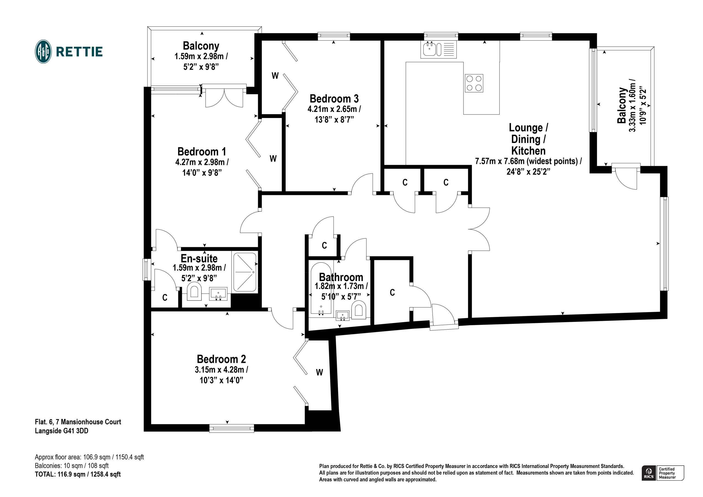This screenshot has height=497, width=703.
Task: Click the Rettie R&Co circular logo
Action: tap(43, 51)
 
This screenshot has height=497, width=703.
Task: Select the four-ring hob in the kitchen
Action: tap(474, 83)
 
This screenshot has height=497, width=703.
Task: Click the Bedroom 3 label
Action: tap(334, 99)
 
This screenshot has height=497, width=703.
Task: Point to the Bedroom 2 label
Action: tap(221, 359)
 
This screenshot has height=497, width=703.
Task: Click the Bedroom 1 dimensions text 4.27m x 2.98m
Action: tap(202, 162)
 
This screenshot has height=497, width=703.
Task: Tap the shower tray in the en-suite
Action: tap(245, 272)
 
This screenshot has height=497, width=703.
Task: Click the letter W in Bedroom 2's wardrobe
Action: tap(319, 372)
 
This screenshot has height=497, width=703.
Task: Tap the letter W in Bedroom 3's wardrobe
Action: tap(275, 75)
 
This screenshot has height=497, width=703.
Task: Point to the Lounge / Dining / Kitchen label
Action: tap(528, 139)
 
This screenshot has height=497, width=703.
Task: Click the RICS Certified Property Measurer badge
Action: tap(663, 473)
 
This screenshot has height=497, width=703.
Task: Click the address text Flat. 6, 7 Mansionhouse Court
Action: tap(78, 422)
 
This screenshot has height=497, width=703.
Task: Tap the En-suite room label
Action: tap(199, 259)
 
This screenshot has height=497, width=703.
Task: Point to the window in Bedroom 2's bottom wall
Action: tap(231, 428)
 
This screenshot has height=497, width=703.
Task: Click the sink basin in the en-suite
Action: tap(218, 294)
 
